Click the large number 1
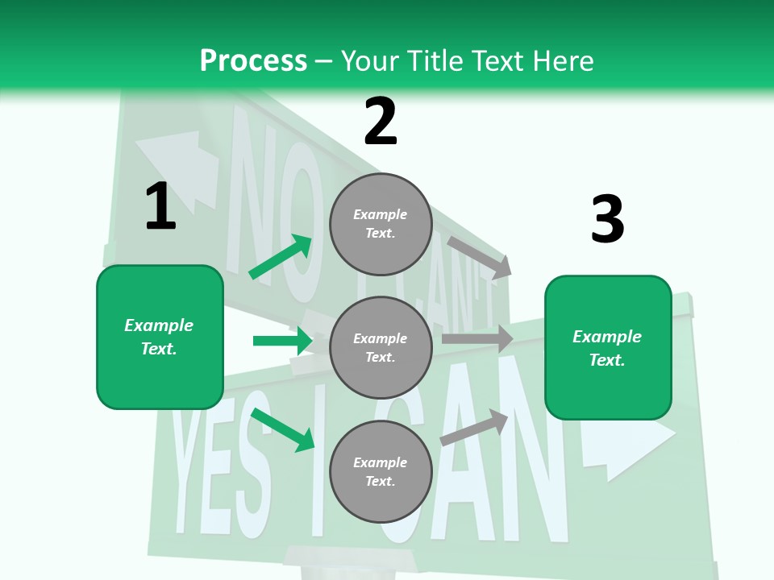click(160, 206)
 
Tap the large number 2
click(381, 122)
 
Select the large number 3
click(607, 219)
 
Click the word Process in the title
click(253, 60)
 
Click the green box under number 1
click(160, 337)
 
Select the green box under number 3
click(608, 348)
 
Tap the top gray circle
click(381, 224)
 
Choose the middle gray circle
click(381, 347)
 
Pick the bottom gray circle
click(381, 471)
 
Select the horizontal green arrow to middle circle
click(282, 341)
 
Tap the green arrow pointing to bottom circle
click(283, 430)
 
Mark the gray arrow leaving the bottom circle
click(475, 428)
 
